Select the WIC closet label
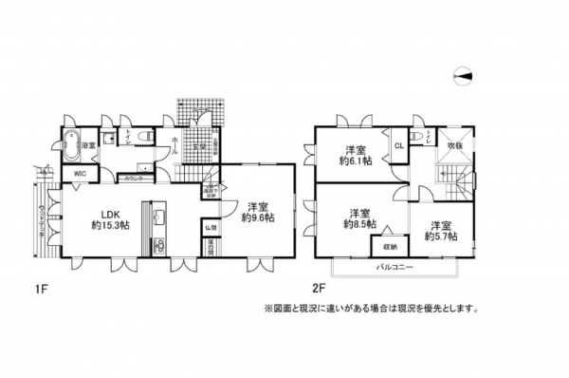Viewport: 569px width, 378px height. click(79, 174)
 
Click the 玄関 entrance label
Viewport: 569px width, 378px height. click(201, 146)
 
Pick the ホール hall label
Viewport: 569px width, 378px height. click(175, 149)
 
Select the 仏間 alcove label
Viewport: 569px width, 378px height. click(211, 227)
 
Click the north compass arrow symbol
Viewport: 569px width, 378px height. click(463, 77)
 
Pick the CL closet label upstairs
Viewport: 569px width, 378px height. click(398, 145)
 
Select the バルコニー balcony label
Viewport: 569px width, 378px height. click(392, 270)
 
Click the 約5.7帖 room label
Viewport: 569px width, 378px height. click(438, 232)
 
